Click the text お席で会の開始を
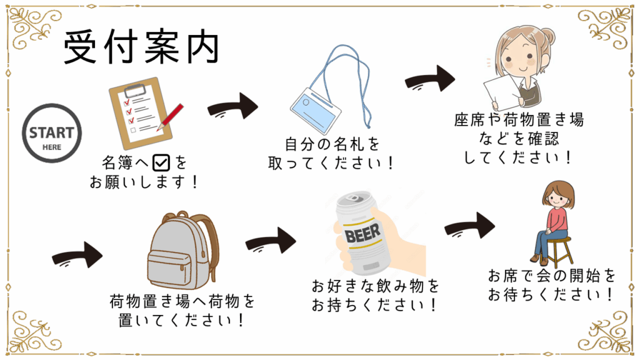[551, 276]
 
